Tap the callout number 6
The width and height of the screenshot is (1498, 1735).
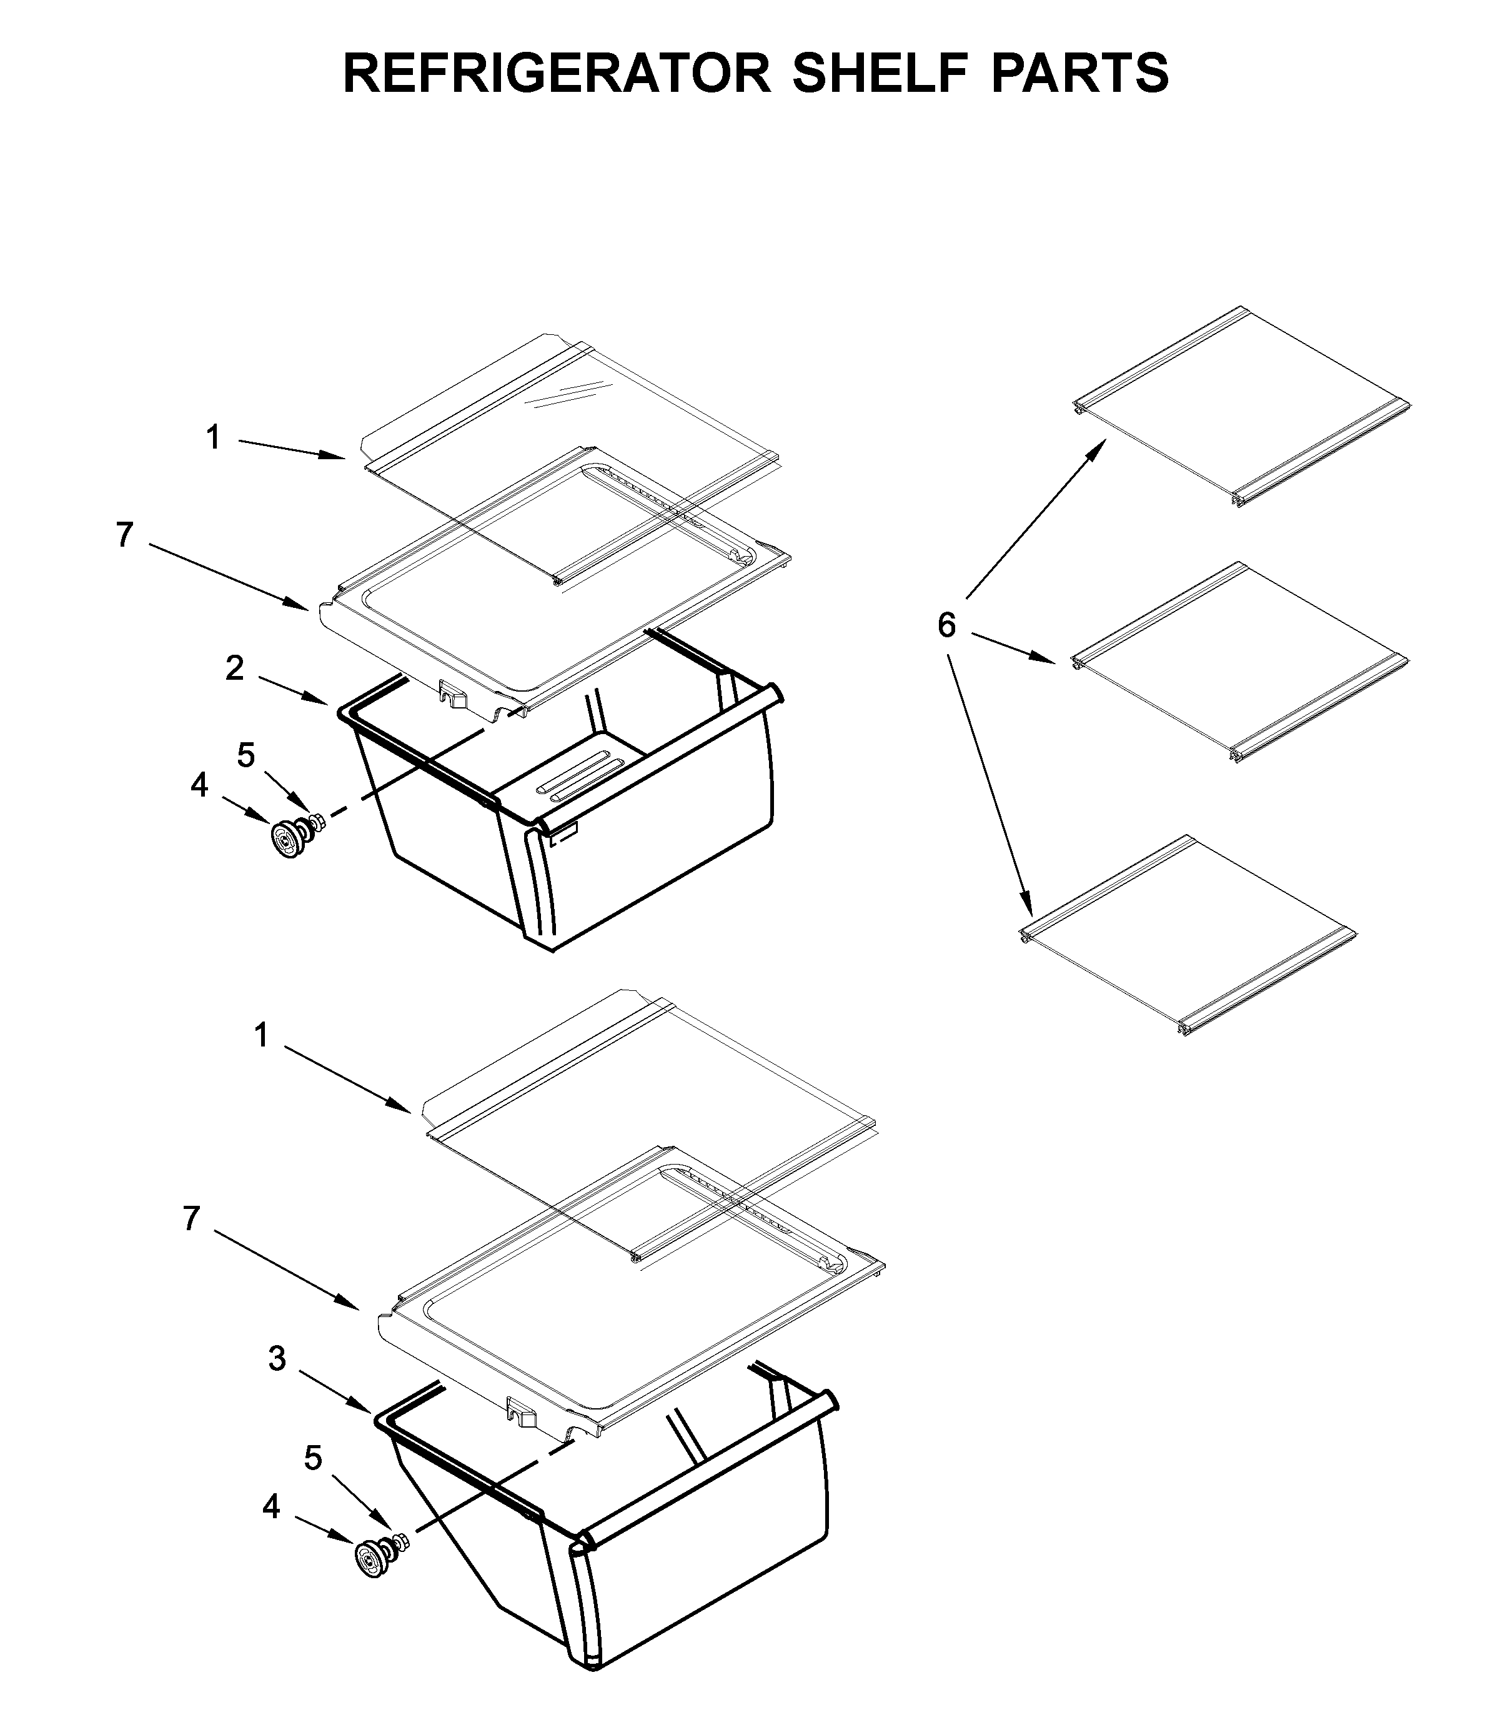click(x=946, y=625)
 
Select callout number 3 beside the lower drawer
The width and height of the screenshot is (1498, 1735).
click(x=277, y=1359)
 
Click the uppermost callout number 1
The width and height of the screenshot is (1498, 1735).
click(x=214, y=437)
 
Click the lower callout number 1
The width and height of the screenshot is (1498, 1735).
click(x=261, y=1036)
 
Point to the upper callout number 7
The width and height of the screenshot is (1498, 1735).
click(x=125, y=535)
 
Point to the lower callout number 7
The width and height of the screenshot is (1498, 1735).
click(x=192, y=1218)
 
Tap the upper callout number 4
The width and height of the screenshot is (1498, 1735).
click(x=199, y=785)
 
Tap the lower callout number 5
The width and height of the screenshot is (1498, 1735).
click(x=312, y=1459)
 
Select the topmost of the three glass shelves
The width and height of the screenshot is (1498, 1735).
click(x=1239, y=408)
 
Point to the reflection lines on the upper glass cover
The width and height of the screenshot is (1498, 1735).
click(x=573, y=395)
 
